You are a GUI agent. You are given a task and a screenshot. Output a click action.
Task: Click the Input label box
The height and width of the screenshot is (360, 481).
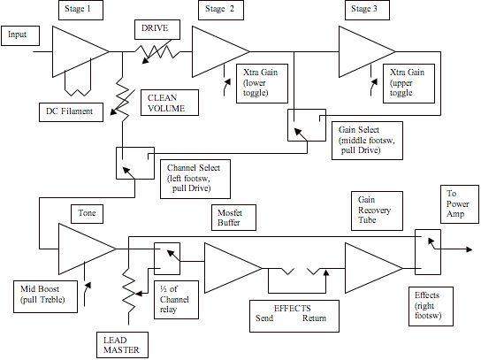click(x=20, y=35)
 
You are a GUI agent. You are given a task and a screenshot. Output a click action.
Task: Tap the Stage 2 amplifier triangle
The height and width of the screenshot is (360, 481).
click(x=221, y=51)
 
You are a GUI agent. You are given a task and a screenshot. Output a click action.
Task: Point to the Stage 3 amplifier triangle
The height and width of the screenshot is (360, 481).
click(x=367, y=51)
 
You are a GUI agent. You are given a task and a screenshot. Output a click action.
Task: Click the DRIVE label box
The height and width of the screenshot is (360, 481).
click(x=157, y=29)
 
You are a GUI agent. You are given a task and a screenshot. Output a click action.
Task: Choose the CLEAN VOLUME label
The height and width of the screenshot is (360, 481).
click(x=170, y=103)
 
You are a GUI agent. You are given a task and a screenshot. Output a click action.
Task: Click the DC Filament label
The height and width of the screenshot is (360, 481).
click(x=71, y=112)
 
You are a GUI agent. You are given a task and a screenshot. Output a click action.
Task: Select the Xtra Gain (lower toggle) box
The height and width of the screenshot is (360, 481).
click(x=262, y=83)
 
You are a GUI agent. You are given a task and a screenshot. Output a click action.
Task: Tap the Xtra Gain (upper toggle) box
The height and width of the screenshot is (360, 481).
click(x=408, y=83)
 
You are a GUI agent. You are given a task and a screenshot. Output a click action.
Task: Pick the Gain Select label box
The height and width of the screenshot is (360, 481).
click(x=367, y=141)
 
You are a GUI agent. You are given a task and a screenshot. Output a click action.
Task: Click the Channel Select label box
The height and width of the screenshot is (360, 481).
click(x=195, y=179)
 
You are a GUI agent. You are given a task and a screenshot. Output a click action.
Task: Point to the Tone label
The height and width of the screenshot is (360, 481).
click(x=87, y=213)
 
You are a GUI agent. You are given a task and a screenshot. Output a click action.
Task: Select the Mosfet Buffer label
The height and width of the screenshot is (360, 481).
click(x=233, y=218)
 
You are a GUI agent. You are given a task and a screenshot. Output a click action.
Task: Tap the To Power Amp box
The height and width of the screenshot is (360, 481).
click(x=460, y=204)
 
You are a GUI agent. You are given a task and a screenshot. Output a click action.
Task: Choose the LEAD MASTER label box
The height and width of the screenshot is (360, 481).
click(x=122, y=345)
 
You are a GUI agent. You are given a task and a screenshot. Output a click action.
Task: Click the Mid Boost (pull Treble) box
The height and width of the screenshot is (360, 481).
click(x=46, y=296)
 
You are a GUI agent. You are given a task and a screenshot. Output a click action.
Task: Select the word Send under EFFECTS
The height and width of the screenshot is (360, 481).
click(x=264, y=318)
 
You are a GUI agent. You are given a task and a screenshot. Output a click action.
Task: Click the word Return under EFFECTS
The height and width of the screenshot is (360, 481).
click(x=314, y=318)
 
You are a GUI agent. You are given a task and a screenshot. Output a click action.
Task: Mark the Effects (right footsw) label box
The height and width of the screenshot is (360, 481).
click(x=431, y=306)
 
